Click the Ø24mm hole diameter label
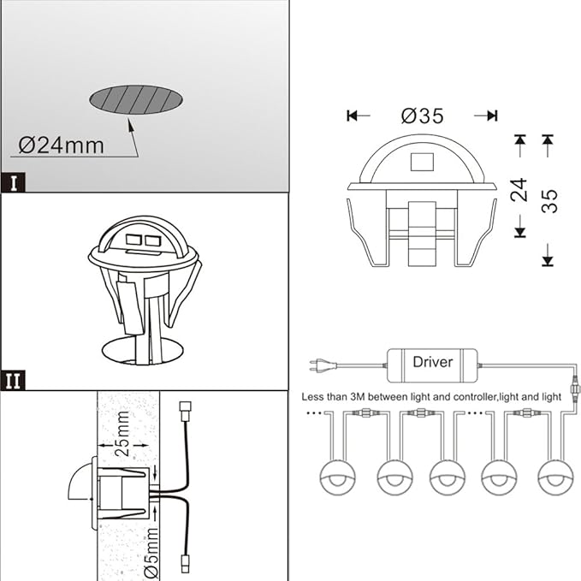pos(61,145)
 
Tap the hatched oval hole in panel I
pos(136,99)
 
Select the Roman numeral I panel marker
pos(13,182)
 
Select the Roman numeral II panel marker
pos(13,380)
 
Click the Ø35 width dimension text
pos(422,116)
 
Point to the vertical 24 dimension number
pos(519,189)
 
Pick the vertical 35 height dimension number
pos(549,201)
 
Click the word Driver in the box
pos(432,362)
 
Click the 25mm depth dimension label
pos(122,434)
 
